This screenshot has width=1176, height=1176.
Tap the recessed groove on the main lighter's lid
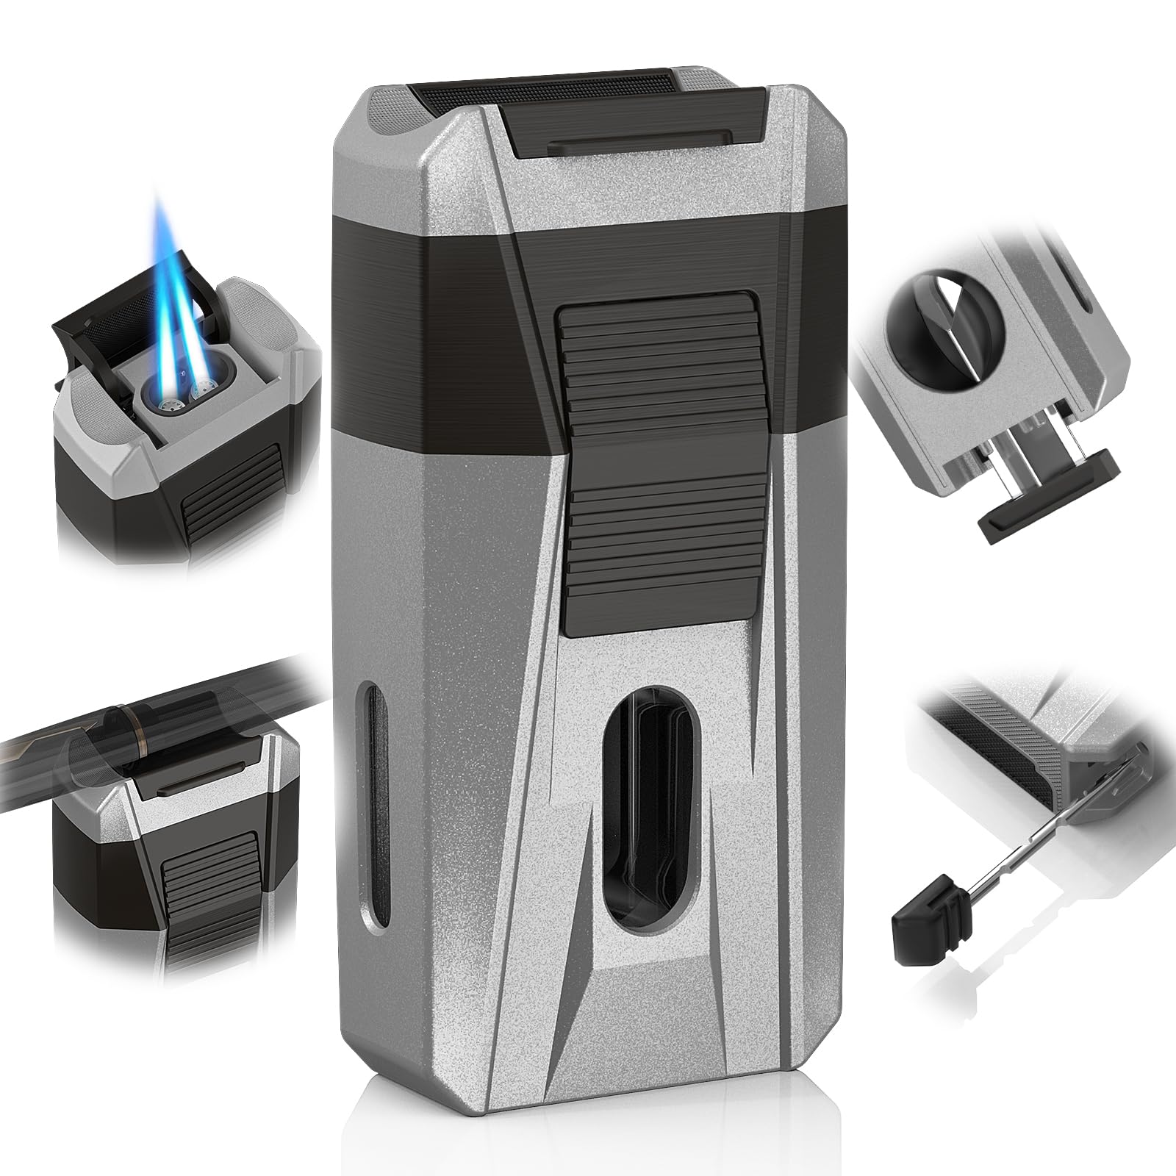tap(639, 134)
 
